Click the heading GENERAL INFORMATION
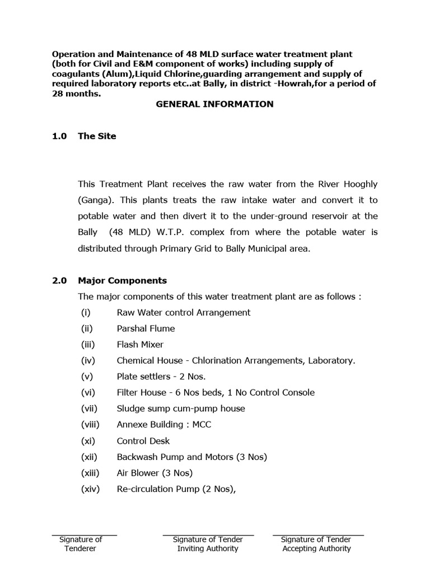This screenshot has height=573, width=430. [214, 104]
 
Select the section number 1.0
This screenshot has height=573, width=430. [60, 136]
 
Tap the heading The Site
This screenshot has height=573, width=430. [97, 136]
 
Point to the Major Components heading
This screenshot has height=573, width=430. [123, 280]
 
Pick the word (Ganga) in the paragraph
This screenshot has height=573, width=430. [94, 200]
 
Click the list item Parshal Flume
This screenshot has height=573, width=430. [146, 328]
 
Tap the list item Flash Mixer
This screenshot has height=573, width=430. [140, 345]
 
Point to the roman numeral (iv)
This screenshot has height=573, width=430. [88, 361]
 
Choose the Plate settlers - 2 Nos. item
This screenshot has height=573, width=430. [161, 377]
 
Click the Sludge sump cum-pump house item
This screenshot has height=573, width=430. [181, 408]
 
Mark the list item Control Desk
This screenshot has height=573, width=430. [143, 441]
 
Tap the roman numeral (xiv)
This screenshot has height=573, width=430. [90, 489]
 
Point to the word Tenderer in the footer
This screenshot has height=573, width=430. [80, 548]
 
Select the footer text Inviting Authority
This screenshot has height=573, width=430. [208, 548]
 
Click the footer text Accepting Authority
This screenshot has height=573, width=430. [316, 548]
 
